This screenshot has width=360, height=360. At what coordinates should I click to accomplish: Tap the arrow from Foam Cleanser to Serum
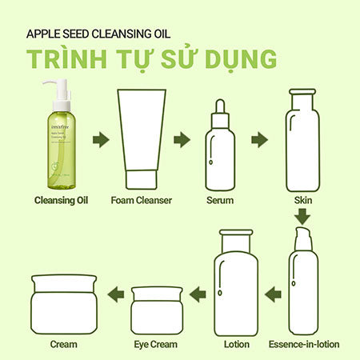pos(182,140)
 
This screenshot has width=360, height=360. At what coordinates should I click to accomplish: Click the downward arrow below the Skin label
pos(302,216)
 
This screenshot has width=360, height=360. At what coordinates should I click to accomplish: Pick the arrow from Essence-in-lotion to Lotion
pos(271,294)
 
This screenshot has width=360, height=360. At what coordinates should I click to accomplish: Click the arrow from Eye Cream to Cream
pos(115,294)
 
